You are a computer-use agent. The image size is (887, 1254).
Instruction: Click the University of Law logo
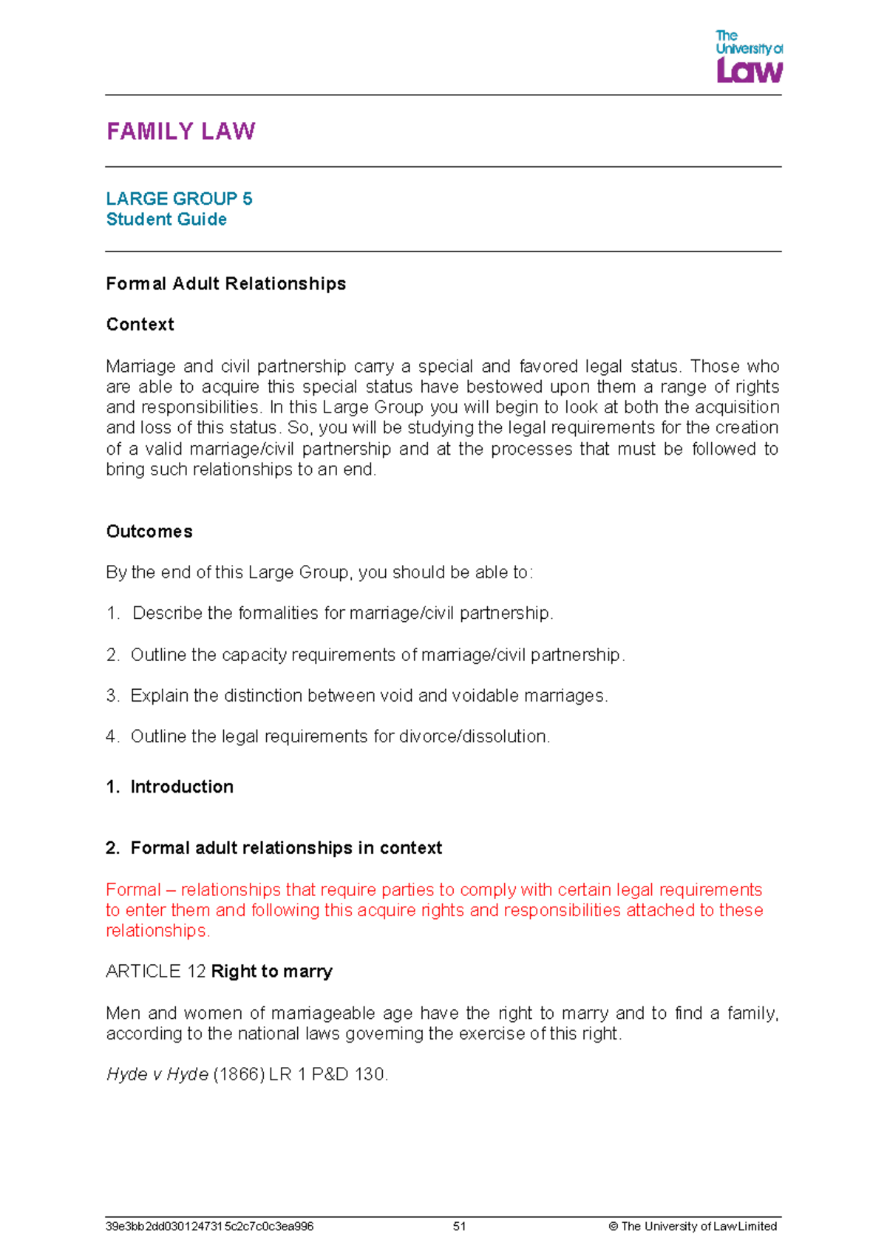click(x=748, y=57)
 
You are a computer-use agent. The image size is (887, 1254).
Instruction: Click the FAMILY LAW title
click(x=180, y=132)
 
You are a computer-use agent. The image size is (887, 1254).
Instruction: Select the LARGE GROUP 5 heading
click(x=179, y=199)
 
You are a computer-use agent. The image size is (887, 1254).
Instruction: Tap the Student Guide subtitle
click(x=166, y=220)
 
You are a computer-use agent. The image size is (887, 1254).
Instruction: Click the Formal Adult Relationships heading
click(x=225, y=284)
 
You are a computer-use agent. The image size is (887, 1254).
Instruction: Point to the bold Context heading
click(x=140, y=325)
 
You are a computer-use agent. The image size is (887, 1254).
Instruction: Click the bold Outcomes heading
click(x=149, y=532)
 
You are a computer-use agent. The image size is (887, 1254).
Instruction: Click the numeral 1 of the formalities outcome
click(x=112, y=614)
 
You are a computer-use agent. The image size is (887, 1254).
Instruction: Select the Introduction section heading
click(x=182, y=787)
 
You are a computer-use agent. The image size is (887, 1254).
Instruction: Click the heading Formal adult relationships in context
click(x=286, y=848)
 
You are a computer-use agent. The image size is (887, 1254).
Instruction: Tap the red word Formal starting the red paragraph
click(x=133, y=889)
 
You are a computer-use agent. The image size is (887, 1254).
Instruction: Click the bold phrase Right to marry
click(x=271, y=972)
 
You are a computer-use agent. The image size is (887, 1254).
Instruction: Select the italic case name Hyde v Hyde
click(x=157, y=1074)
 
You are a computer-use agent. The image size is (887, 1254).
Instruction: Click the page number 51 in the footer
click(x=459, y=1227)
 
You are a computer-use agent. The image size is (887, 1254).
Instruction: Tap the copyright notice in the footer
click(x=693, y=1227)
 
